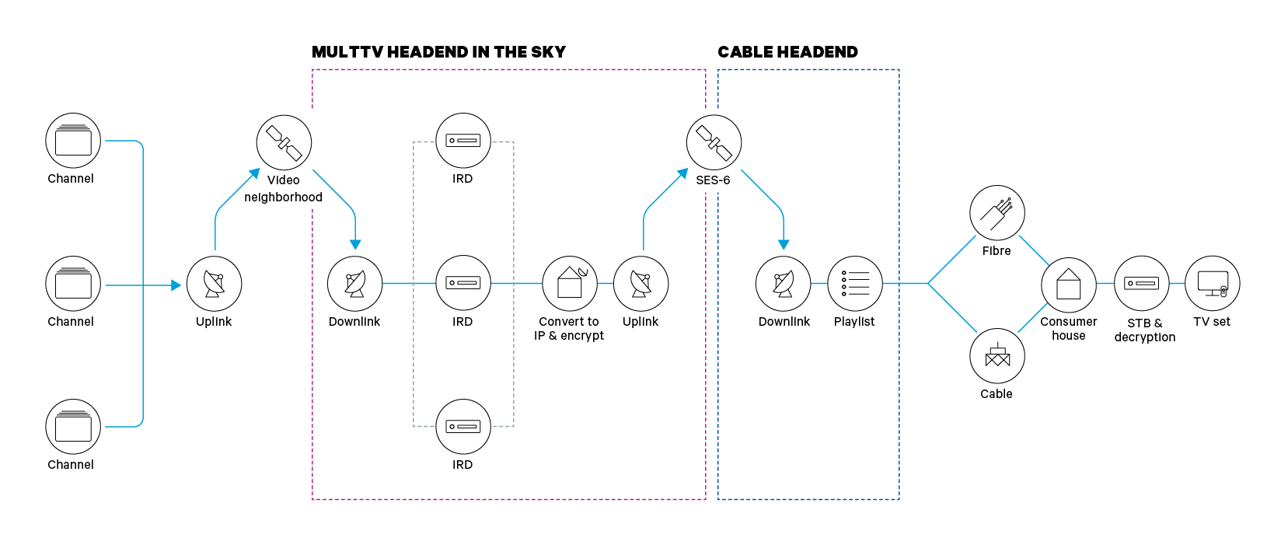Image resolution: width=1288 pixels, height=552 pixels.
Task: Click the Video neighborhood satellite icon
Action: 284,142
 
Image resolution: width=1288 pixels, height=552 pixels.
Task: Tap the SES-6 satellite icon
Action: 714,142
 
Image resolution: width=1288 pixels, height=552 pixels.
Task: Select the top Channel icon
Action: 73,141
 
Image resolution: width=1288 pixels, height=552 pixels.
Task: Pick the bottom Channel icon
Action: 73,427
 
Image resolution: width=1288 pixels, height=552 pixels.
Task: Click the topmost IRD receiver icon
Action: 463,141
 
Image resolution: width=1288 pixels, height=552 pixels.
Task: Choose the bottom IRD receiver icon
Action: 463,427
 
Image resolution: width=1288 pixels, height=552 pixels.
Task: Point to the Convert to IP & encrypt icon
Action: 570,284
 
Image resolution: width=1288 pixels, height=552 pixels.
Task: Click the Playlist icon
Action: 855,284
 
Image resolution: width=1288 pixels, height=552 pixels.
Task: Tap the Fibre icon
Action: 997,212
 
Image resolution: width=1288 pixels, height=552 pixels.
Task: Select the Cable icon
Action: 997,356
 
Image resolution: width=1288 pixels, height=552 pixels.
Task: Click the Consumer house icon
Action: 1069,285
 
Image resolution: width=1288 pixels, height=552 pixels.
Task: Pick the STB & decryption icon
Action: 1142,284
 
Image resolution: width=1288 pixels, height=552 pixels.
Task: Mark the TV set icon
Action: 1213,284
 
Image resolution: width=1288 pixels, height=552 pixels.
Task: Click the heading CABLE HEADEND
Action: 787,52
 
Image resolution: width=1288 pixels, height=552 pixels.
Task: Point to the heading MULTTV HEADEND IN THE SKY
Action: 438,52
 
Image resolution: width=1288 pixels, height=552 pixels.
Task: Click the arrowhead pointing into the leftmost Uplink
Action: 176,285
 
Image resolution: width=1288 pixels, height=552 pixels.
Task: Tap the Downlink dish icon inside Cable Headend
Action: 784,284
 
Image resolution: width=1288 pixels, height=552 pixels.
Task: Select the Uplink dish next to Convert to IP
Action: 641,284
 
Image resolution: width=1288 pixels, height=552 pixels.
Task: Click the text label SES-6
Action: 713,180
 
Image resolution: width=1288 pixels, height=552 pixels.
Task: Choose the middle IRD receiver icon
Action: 463,283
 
